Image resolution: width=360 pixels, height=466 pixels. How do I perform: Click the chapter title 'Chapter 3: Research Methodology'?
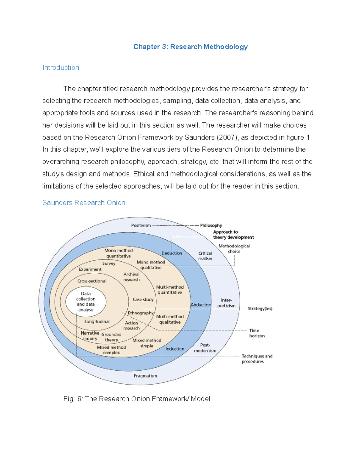click(190, 47)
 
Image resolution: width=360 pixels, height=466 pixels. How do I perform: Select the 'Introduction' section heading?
click(61, 68)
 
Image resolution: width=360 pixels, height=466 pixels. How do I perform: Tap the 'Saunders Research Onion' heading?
click(84, 203)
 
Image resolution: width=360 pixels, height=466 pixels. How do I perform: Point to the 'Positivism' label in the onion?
click(141, 225)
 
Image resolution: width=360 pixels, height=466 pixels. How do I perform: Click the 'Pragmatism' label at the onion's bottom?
click(145, 376)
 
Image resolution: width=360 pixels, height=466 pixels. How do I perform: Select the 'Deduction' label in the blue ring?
click(172, 253)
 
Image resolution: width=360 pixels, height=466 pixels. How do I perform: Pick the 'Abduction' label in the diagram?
click(201, 305)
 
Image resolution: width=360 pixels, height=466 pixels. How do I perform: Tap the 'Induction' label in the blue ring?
click(175, 349)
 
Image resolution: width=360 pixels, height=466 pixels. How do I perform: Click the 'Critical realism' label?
click(205, 256)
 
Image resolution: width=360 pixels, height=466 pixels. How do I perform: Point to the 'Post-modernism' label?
click(205, 348)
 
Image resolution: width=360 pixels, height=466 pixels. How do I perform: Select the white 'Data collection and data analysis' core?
click(86, 302)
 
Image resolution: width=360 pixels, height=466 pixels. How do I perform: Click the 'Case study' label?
click(143, 299)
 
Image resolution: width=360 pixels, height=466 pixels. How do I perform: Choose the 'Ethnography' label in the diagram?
click(141, 313)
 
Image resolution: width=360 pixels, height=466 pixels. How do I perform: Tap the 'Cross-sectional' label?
click(92, 281)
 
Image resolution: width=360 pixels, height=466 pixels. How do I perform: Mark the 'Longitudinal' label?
click(97, 321)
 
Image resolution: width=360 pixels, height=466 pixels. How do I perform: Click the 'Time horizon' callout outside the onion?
click(257, 333)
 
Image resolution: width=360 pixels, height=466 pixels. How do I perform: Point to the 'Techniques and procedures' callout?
click(257, 359)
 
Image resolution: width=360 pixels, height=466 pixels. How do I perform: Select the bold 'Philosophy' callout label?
click(211, 225)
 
